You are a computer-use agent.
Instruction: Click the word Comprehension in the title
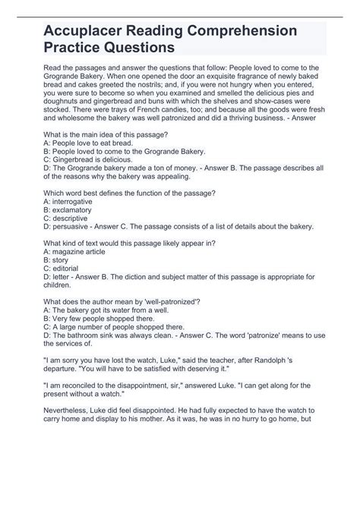245,31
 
